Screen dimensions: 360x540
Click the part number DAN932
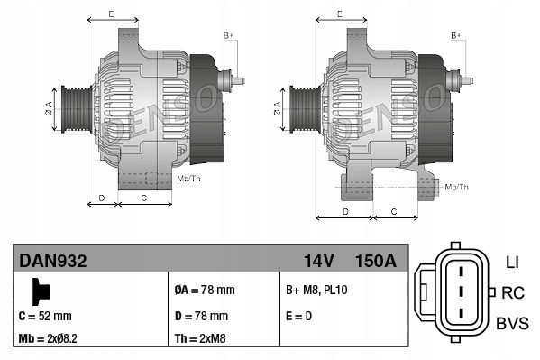tap(53, 262)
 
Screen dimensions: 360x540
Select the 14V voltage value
tap(319, 262)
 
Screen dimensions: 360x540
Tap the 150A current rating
tap(377, 262)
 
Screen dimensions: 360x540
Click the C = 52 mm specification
tap(45, 316)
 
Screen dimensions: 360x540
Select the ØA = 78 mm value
tap(204, 291)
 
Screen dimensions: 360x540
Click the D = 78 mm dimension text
tap(202, 316)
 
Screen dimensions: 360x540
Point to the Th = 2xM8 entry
tap(201, 340)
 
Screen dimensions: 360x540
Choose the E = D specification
tap(300, 316)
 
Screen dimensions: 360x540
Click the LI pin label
tap(511, 263)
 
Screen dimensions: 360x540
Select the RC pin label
tap(513, 292)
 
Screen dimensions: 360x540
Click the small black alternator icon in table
tap(39, 290)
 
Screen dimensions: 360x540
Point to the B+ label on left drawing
tap(228, 34)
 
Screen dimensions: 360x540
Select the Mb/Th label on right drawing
tap(457, 187)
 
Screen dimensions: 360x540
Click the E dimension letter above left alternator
tap(110, 14)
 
